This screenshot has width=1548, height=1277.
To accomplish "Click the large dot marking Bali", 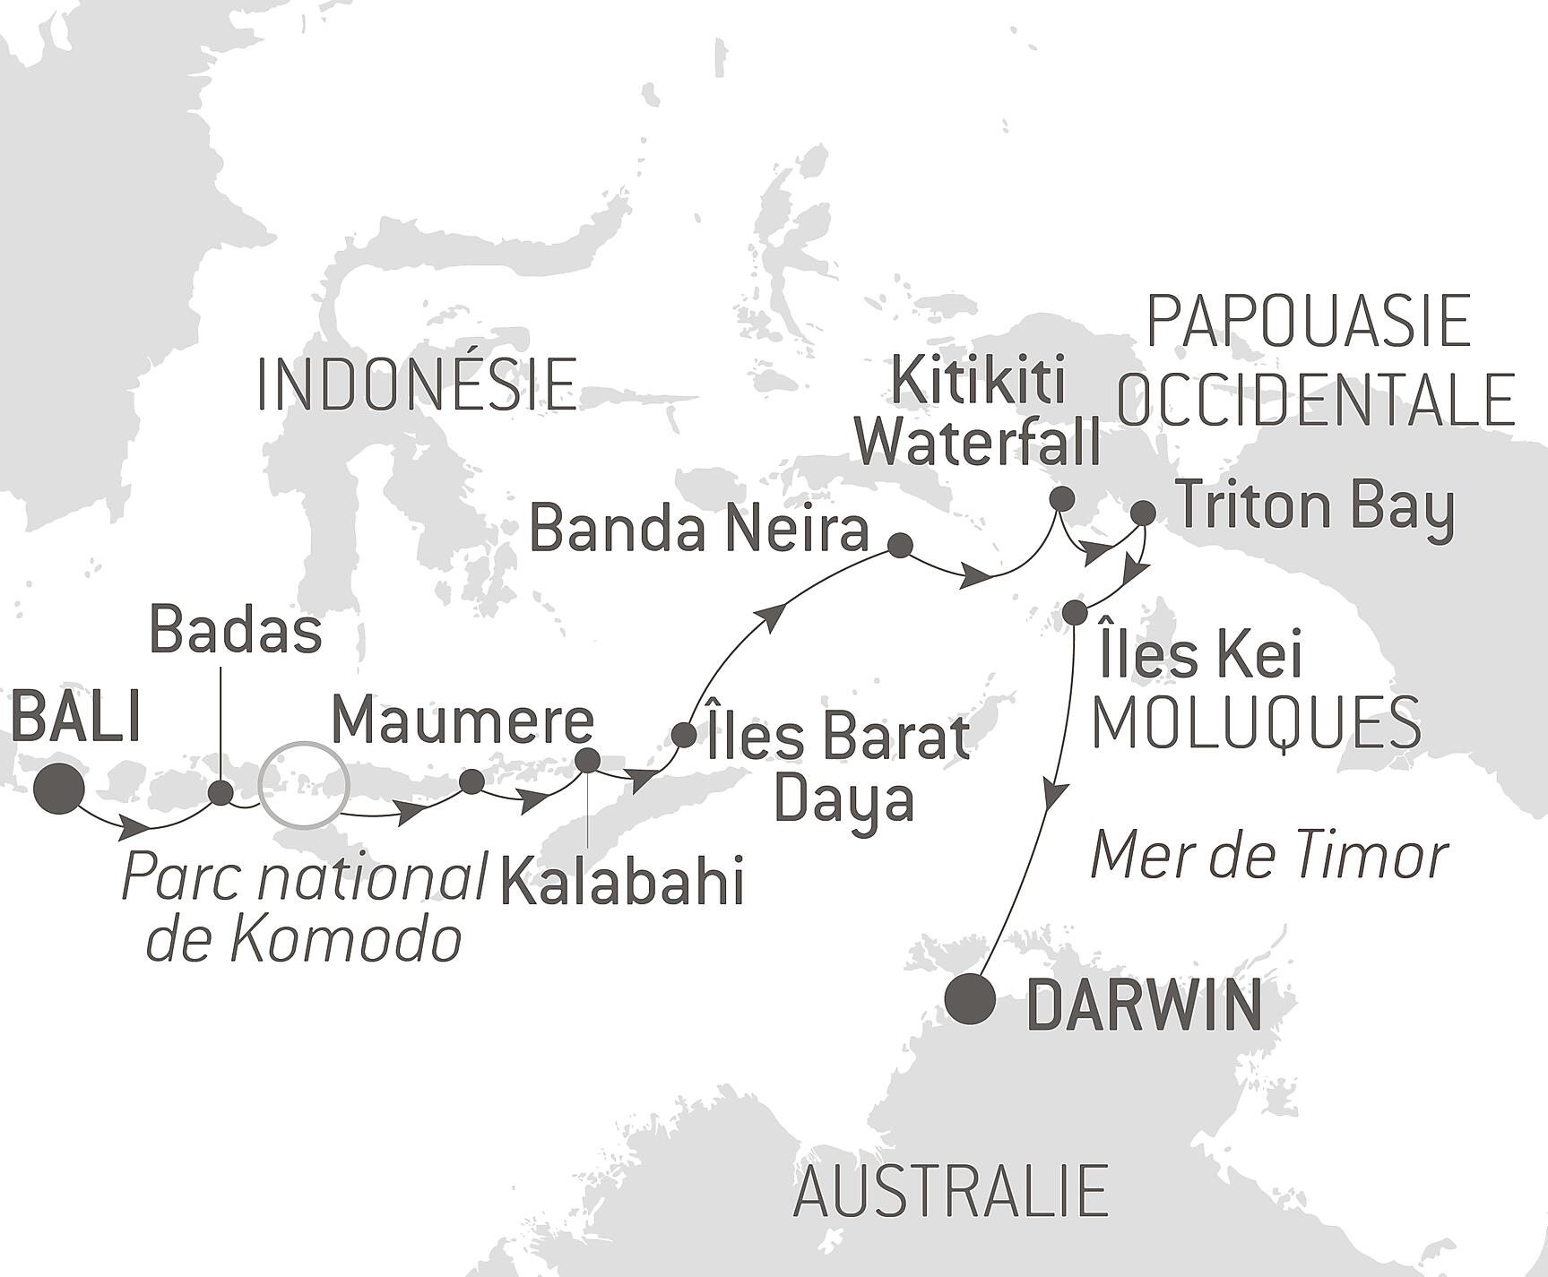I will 59,789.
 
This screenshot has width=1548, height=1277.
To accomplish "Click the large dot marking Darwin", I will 972,998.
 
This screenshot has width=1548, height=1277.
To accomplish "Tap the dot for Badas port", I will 220,793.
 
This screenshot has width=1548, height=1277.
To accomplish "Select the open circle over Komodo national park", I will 302,784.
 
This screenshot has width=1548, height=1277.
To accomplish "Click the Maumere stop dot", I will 471,781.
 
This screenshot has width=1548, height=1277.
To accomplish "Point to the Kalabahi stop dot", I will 587,760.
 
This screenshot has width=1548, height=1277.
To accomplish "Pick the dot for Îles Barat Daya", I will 683,736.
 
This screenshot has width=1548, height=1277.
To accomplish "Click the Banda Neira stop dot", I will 899,545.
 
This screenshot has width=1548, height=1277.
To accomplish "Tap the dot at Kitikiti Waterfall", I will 1061,498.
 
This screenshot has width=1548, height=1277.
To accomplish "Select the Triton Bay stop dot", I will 1143,513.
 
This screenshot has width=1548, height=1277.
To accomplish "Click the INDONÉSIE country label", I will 417,384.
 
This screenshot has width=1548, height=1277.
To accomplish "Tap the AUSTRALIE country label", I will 951,1191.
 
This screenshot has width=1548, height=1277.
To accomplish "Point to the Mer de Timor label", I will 1268,857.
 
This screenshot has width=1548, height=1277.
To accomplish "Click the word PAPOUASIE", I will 1310,322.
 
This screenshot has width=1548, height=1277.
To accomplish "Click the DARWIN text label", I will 1144,1005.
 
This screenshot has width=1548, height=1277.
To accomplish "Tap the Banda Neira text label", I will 699,530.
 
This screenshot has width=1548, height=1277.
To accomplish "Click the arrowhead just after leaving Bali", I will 134,827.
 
